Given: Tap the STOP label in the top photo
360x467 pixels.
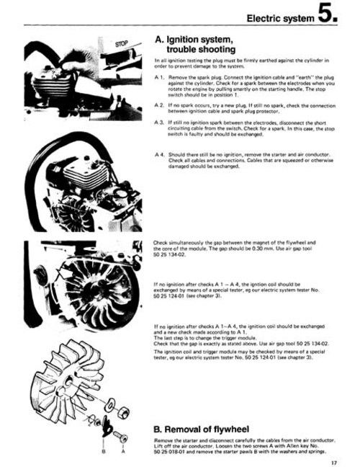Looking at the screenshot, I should (122, 44).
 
